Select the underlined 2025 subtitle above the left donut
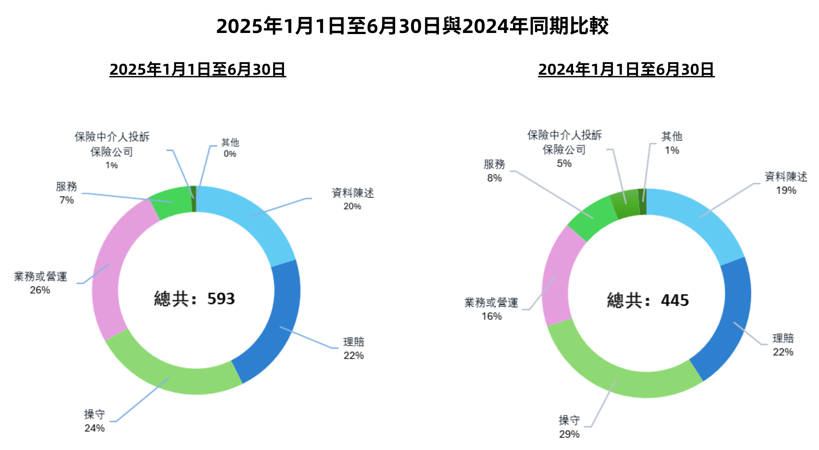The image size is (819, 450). point(198,70)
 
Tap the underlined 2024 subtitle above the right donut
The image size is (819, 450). point(626,70)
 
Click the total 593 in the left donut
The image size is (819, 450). point(194,299)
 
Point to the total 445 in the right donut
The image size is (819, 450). point(648,301)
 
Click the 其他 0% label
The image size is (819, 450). point(230,148)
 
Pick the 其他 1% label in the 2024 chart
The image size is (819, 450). point(672,143)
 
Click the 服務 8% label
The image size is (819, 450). point(494,171)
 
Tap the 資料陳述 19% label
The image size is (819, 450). point(786,183)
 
